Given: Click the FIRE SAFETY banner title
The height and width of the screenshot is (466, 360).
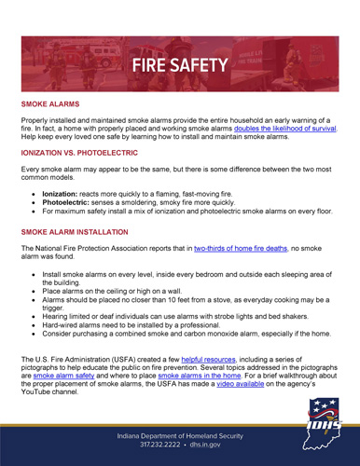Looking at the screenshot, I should coord(179,64).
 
